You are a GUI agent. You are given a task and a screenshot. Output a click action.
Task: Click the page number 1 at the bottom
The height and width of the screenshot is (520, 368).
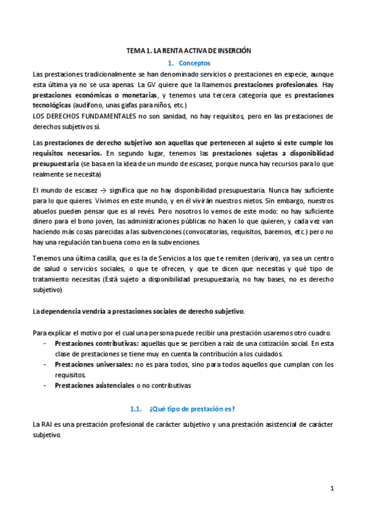tap(332, 488)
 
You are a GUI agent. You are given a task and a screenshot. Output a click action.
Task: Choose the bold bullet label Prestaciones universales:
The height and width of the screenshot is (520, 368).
tap(93, 364)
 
